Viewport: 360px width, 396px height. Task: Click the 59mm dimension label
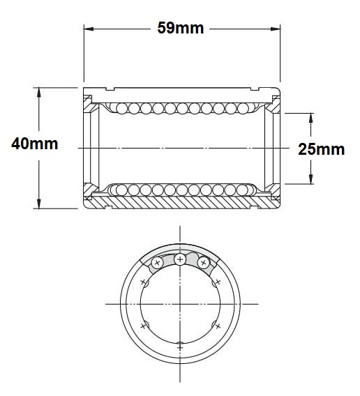(180, 28)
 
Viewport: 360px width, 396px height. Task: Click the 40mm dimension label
(35, 144)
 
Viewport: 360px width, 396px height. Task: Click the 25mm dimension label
(322, 149)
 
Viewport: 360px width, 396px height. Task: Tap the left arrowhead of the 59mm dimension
(89, 29)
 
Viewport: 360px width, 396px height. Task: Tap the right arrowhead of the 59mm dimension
(276, 29)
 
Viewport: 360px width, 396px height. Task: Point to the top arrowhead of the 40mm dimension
(38, 93)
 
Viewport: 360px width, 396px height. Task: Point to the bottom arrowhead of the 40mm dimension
(38, 204)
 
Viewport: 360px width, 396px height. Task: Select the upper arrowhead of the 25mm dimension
(310, 119)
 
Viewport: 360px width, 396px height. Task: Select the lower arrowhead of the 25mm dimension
(310, 178)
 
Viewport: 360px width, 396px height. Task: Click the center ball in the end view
(180, 259)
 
